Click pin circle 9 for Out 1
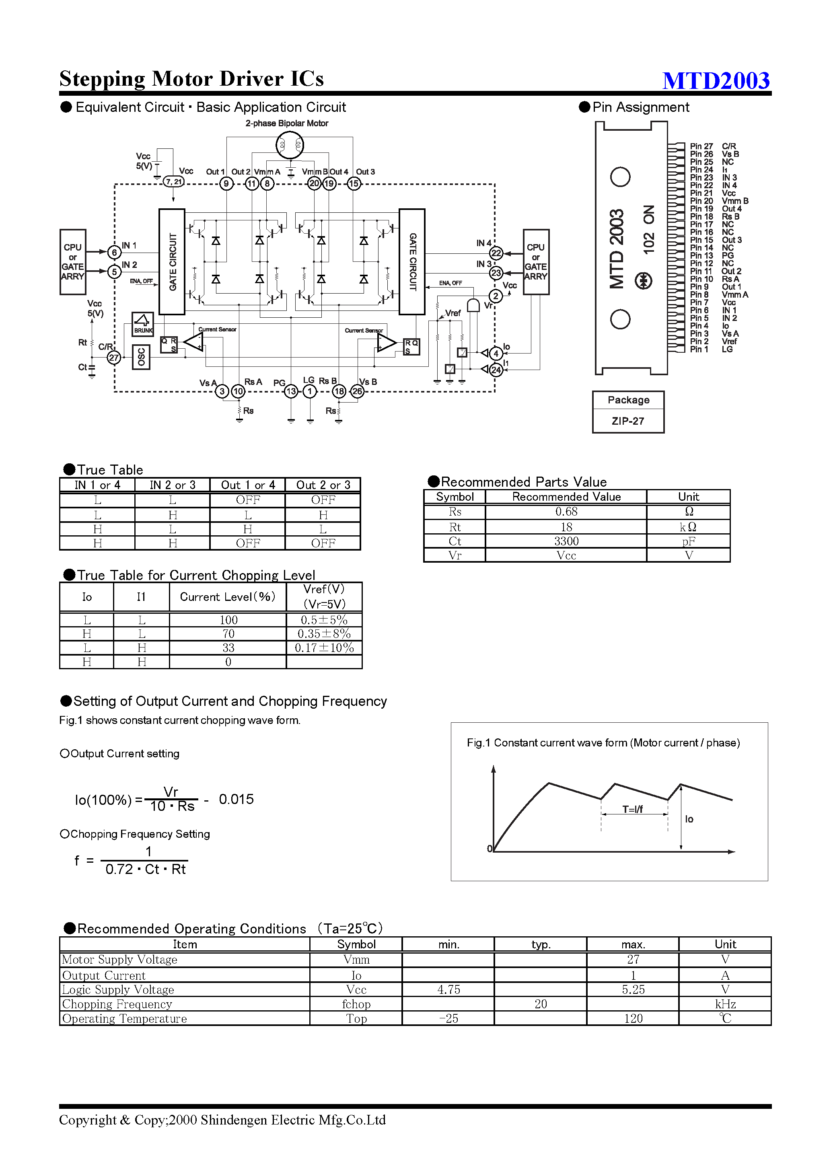(226, 183)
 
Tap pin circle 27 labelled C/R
(114, 358)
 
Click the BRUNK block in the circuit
(143, 324)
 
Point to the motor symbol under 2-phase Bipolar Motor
(290, 146)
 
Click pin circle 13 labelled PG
(291, 392)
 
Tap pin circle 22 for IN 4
(496, 253)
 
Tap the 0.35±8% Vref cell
(324, 633)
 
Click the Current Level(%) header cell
(228, 597)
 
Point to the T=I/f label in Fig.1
(632, 809)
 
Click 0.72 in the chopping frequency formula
(119, 869)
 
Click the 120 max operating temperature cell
(633, 1019)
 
